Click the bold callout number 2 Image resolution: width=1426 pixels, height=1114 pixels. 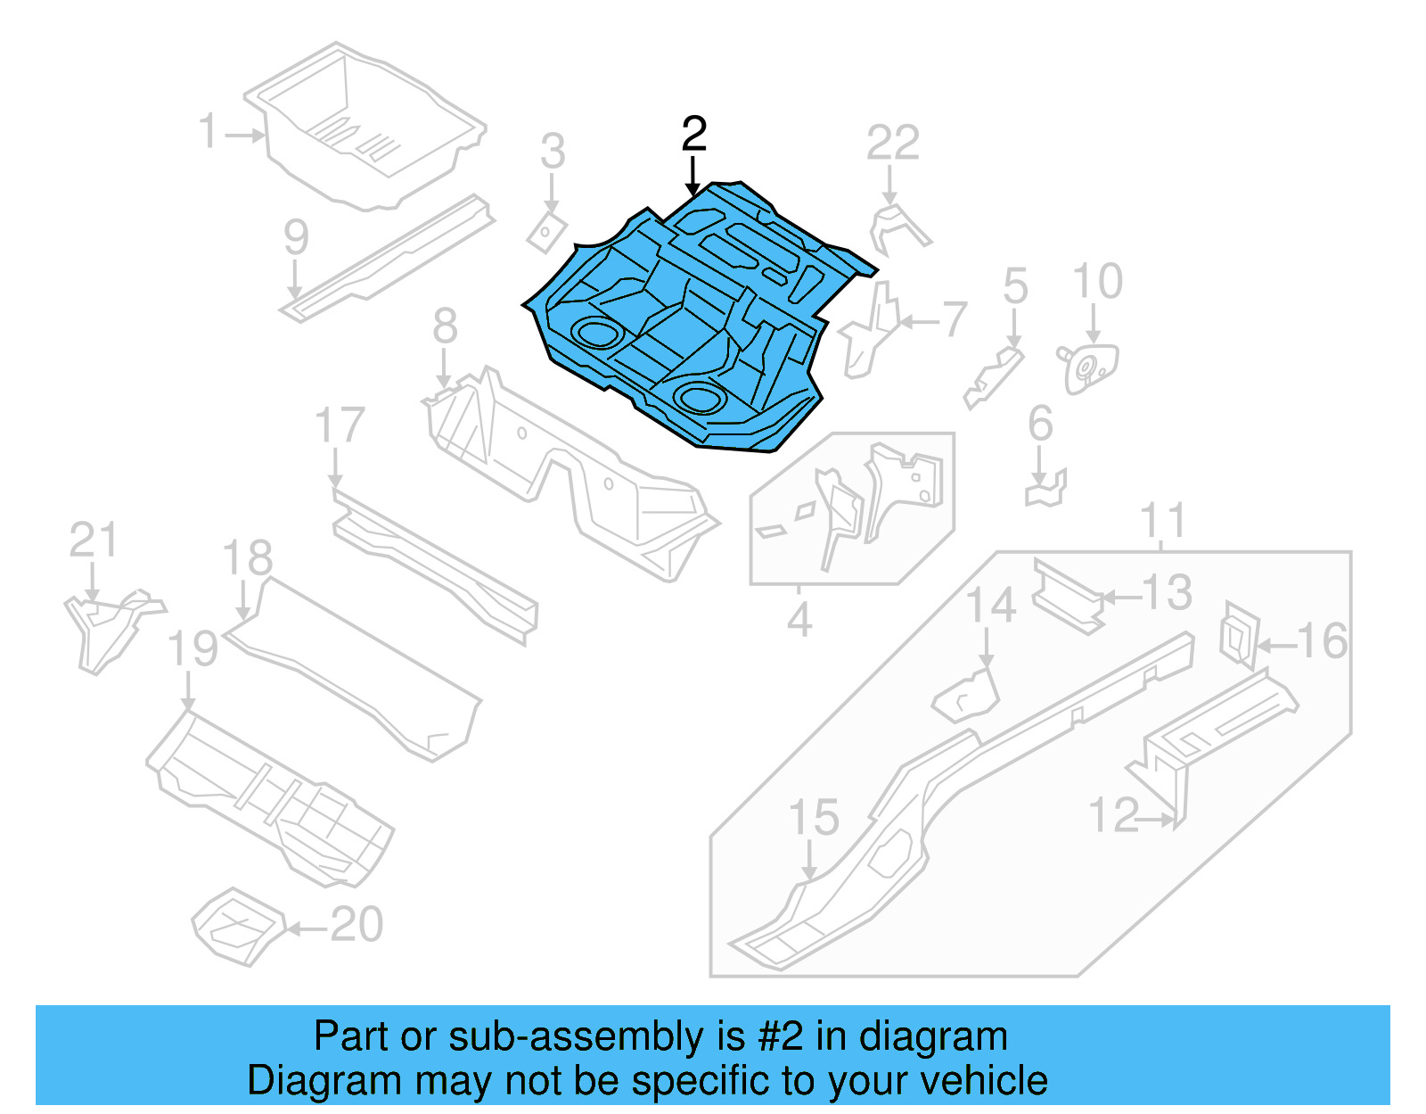click(x=693, y=135)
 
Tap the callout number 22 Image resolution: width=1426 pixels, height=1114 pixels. click(x=892, y=143)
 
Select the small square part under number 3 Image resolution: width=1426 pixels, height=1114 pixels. click(x=545, y=232)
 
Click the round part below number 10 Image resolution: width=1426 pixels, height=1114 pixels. click(x=1089, y=367)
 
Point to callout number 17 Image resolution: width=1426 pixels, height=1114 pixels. click(x=340, y=425)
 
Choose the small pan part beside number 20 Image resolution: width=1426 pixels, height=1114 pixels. click(x=238, y=925)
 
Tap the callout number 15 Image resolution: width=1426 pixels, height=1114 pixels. click(x=814, y=818)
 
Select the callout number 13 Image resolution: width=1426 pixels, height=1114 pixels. click(x=1166, y=593)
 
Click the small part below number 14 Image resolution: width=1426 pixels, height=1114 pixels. click(x=967, y=696)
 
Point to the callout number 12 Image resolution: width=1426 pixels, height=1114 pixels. click(x=1113, y=816)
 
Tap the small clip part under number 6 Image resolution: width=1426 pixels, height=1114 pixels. click(x=1047, y=489)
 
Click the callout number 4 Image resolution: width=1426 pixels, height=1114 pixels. click(x=799, y=619)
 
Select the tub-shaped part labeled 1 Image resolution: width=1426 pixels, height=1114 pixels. click(x=365, y=125)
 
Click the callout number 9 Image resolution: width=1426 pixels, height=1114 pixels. click(x=296, y=237)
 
